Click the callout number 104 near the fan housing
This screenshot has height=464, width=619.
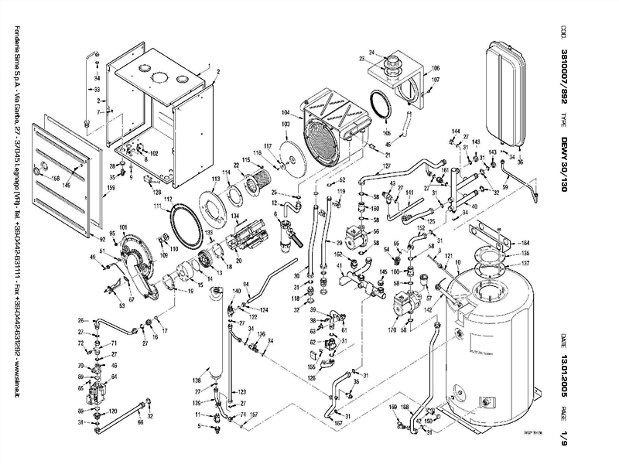click(x=286, y=112)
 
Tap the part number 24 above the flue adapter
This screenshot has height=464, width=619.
click(x=371, y=52)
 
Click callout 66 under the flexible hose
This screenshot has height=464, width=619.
click(x=140, y=423)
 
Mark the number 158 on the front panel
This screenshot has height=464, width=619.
click(x=55, y=179)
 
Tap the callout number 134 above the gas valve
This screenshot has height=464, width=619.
click(x=234, y=214)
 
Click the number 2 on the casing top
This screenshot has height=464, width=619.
click(x=218, y=71)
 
